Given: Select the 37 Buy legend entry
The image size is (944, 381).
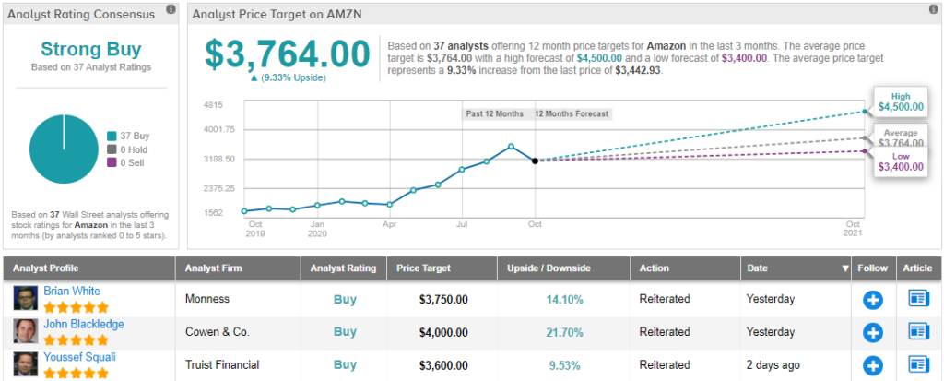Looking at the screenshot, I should pyautogui.click(x=128, y=136).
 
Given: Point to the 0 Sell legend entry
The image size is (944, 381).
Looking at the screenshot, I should pyautogui.click(x=127, y=162).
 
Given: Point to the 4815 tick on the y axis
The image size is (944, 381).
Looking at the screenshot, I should pyautogui.click(x=214, y=104).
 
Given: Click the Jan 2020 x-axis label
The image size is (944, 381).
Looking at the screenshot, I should pyautogui.click(x=318, y=228).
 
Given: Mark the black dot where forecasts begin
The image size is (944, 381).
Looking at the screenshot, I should pyautogui.click(x=535, y=161).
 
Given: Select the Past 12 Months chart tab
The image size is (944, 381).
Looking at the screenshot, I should pyautogui.click(x=495, y=113).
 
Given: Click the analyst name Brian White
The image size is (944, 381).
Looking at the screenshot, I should pyautogui.click(x=72, y=291).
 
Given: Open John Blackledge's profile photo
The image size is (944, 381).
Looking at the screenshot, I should pyautogui.click(x=25, y=331).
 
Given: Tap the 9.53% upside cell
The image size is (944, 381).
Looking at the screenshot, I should pyautogui.click(x=564, y=364).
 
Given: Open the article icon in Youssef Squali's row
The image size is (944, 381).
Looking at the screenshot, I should pyautogui.click(x=918, y=364).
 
